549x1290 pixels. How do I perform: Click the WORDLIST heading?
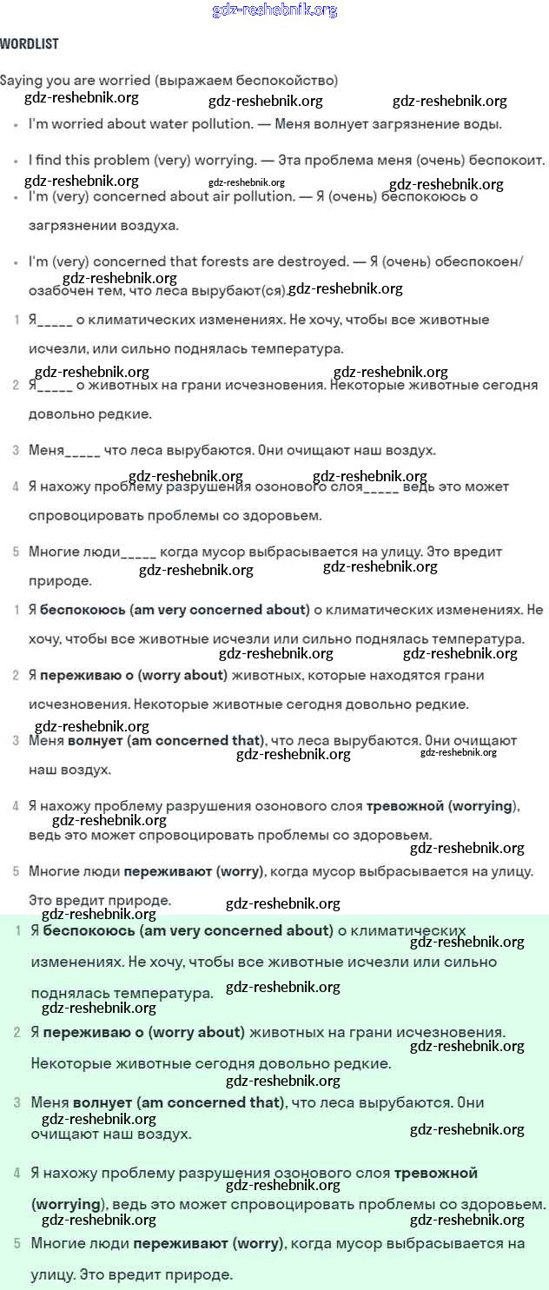[30, 43]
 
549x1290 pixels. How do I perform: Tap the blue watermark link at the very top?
[274, 10]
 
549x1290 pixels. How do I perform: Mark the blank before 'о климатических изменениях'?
[55, 321]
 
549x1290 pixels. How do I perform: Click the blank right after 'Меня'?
[83, 451]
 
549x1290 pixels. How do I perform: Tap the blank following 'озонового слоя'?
[380, 487]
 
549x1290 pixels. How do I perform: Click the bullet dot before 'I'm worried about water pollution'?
[17, 125]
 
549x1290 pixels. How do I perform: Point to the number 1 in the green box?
[18, 931]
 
